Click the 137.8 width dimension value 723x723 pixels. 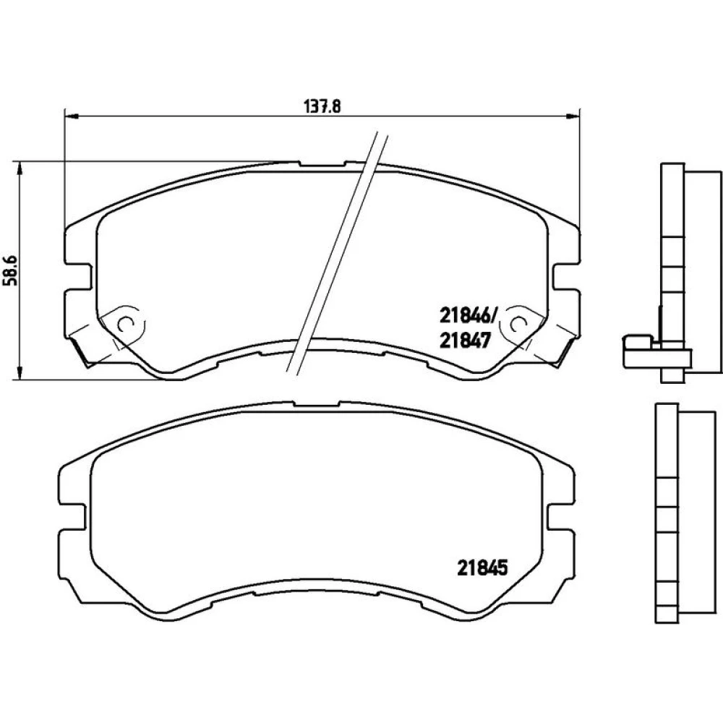(x=322, y=106)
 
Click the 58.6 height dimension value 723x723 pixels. (x=11, y=270)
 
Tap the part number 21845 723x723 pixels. (x=482, y=568)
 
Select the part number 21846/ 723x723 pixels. (x=468, y=316)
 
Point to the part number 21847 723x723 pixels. (x=465, y=341)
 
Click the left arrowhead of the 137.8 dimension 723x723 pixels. (x=72, y=115)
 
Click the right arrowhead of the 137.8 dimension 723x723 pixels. (x=573, y=115)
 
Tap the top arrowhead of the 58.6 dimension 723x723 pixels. (x=19, y=168)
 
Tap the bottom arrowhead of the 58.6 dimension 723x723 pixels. (x=19, y=372)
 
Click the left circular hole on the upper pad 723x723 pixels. (x=125, y=324)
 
